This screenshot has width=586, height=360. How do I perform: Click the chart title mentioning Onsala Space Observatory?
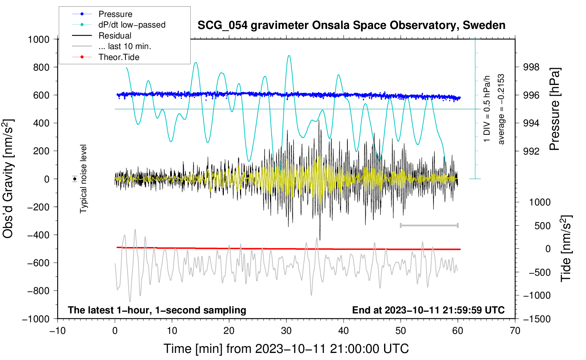click(351, 25)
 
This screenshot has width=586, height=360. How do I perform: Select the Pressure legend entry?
click(115, 14)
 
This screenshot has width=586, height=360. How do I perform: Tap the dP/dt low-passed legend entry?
click(132, 25)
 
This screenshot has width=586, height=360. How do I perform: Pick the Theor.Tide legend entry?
click(119, 57)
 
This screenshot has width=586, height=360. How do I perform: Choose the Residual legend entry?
click(115, 36)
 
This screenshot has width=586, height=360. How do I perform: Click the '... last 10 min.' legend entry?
click(125, 46)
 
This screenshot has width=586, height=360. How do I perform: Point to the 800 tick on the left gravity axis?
click(41, 67)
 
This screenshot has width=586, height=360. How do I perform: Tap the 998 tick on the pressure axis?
click(531, 67)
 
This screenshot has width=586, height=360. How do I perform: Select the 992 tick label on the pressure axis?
click(531, 151)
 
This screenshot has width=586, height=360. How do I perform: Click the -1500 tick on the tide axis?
click(537, 319)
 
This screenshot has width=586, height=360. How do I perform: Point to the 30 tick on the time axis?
click(286, 331)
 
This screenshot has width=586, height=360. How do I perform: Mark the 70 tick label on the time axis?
click(515, 331)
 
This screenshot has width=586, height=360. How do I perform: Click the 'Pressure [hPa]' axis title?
click(555, 109)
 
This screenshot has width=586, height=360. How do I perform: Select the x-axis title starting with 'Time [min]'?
click(286, 349)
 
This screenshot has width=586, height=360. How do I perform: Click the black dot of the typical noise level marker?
click(75, 179)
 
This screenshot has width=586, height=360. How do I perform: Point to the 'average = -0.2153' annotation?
click(501, 109)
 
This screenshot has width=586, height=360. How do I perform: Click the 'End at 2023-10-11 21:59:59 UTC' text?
click(428, 310)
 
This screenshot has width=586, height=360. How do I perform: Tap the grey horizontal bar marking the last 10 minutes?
click(429, 225)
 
